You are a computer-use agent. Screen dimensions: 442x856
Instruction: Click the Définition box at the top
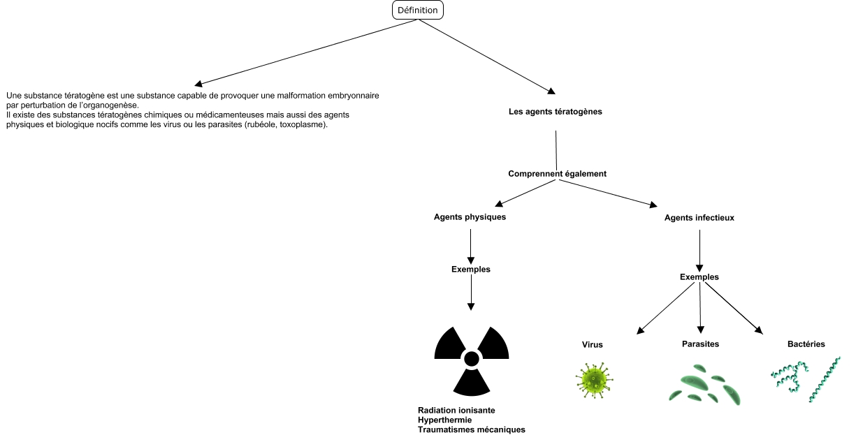[418, 10]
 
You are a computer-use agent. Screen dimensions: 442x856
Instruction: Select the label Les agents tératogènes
[556, 111]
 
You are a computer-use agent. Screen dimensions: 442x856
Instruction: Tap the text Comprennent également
[557, 173]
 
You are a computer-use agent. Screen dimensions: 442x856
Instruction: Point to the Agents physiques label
[470, 216]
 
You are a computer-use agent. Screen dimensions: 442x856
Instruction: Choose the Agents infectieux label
[699, 218]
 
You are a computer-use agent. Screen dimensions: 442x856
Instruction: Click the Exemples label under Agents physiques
[470, 269]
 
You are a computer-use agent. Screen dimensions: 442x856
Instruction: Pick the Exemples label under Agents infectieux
[699, 277]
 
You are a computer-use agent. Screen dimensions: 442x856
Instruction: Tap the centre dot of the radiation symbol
[471, 359]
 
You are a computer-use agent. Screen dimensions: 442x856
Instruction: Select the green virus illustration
[594, 381]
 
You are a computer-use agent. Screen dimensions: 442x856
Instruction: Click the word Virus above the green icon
[592, 345]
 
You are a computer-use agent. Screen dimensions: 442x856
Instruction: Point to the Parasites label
[700, 344]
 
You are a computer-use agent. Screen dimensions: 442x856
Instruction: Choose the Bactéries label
[806, 344]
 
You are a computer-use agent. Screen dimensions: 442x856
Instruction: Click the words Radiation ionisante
[456, 411]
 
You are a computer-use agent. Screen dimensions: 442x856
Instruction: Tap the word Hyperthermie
[444, 420]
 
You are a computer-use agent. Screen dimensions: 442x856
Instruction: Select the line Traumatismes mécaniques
[471, 430]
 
